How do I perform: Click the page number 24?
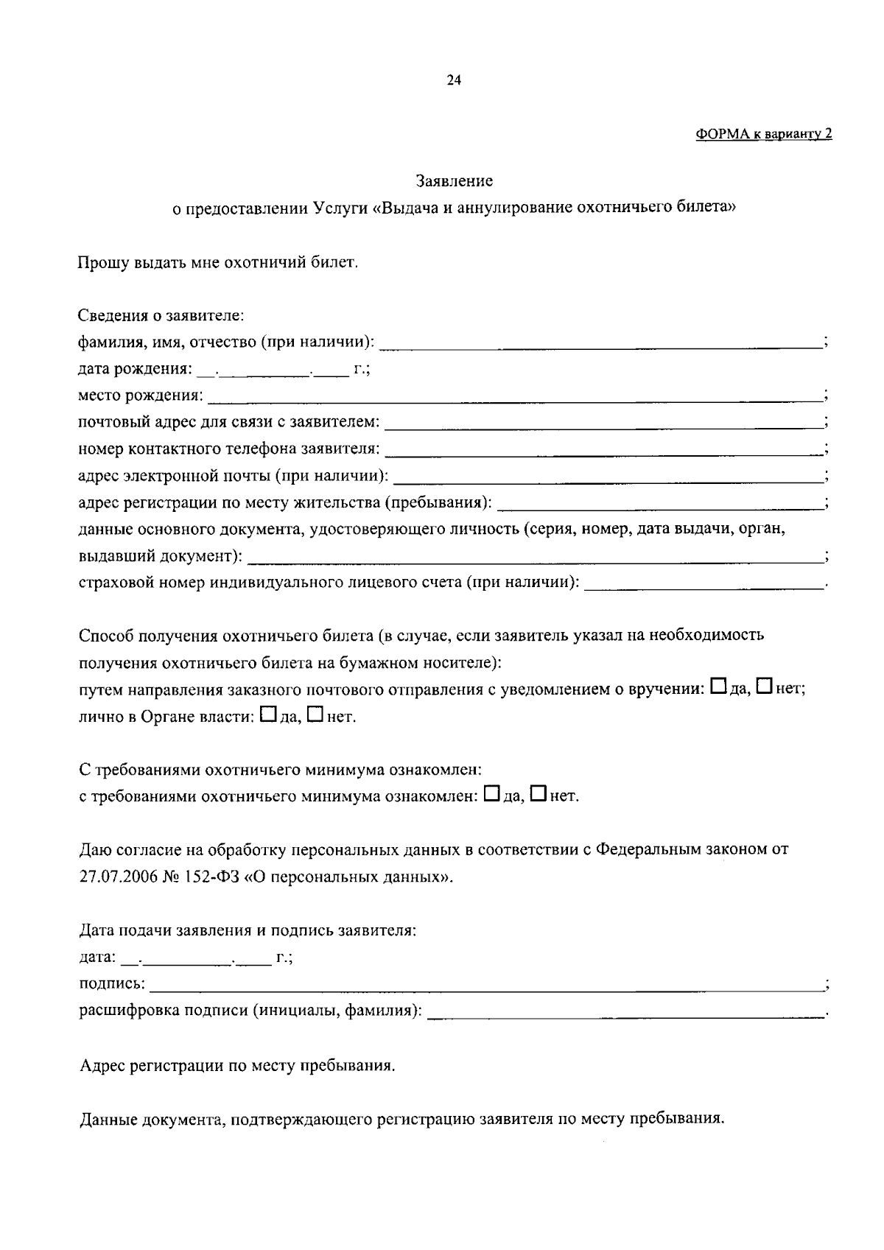tap(454, 81)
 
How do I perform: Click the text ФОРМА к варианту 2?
tap(763, 134)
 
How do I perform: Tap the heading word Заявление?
tap(454, 180)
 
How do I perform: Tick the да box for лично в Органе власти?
tap(269, 714)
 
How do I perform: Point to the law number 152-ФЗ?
tap(203, 877)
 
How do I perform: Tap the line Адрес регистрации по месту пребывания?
tap(237, 1066)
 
